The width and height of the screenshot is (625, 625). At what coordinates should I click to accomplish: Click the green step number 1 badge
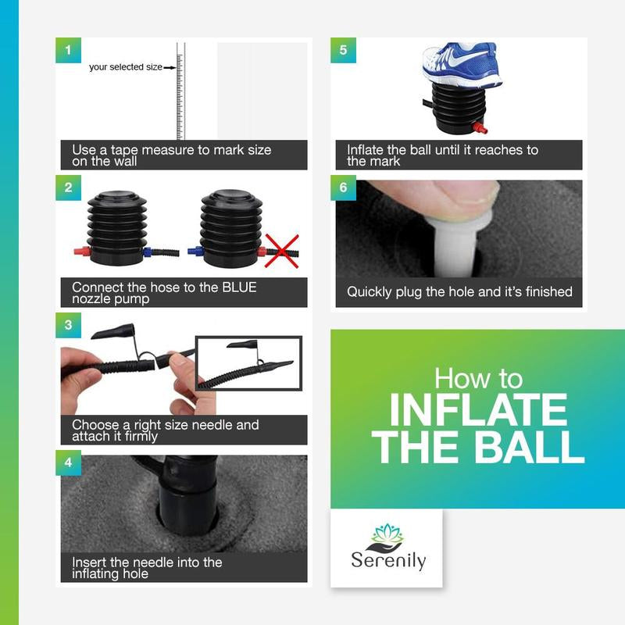click(x=68, y=51)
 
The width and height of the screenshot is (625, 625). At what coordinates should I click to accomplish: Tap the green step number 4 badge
click(x=68, y=462)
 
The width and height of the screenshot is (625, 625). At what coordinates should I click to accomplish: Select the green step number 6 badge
click(x=343, y=187)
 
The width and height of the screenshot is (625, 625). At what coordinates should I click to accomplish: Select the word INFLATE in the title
click(x=477, y=410)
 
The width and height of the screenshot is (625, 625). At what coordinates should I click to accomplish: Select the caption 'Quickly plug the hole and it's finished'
click(x=459, y=292)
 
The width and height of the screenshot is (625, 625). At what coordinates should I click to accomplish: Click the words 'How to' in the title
click(x=477, y=379)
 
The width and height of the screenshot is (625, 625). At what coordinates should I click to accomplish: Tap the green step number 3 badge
click(x=68, y=324)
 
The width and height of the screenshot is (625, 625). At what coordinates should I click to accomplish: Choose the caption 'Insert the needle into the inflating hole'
click(x=147, y=568)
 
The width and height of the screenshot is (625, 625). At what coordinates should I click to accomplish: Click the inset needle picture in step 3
click(x=248, y=363)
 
